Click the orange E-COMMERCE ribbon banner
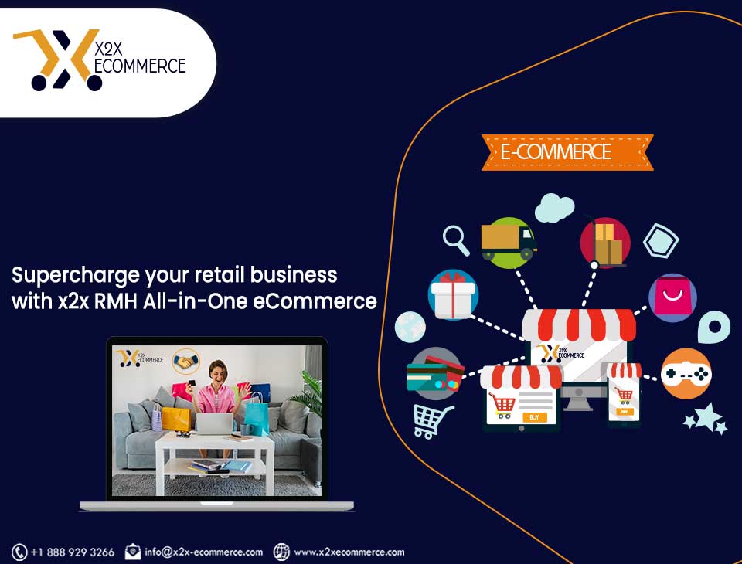(x=567, y=152)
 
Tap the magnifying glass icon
(x=455, y=240)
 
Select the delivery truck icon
(x=509, y=243)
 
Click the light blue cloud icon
(x=555, y=208)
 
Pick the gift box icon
(x=454, y=295)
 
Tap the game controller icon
(x=686, y=374)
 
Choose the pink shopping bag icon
(x=672, y=297)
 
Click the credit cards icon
(x=435, y=374)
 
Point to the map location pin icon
(x=713, y=327)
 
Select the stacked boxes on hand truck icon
(x=605, y=243)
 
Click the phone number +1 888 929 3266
(x=73, y=552)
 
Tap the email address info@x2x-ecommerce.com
(x=203, y=552)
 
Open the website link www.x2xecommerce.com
(x=349, y=552)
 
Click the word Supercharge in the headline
(x=76, y=276)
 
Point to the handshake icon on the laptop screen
(x=185, y=362)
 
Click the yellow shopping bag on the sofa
(x=176, y=418)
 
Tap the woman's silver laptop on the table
(x=214, y=423)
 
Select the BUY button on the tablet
(x=535, y=417)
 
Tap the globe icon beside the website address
(x=281, y=552)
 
